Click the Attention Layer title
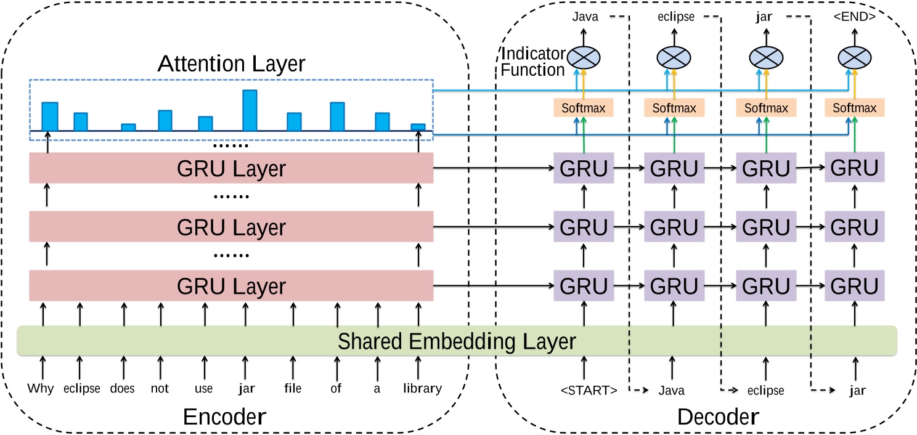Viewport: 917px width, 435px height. pos(231,63)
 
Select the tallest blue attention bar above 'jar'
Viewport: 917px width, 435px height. pos(250,110)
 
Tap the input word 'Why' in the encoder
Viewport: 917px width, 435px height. pos(41,389)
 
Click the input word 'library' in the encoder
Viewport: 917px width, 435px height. pos(422,389)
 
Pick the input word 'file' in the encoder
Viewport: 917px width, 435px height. pos(293,389)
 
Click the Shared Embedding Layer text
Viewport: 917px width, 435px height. pos(457,341)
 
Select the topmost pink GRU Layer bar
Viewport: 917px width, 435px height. pos(231,168)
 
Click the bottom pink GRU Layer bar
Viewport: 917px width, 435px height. pos(231,286)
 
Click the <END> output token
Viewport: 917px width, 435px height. pos(854,17)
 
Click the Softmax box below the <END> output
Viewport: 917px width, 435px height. pos(854,108)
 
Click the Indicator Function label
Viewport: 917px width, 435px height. pos(532,62)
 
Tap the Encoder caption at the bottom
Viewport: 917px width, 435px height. pos(224,417)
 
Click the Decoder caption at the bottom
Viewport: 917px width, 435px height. pos(717,417)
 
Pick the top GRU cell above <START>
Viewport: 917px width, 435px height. pos(584,168)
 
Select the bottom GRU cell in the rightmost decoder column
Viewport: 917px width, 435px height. pos(855,286)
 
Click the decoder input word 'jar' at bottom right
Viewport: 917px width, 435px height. pos(857,390)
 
